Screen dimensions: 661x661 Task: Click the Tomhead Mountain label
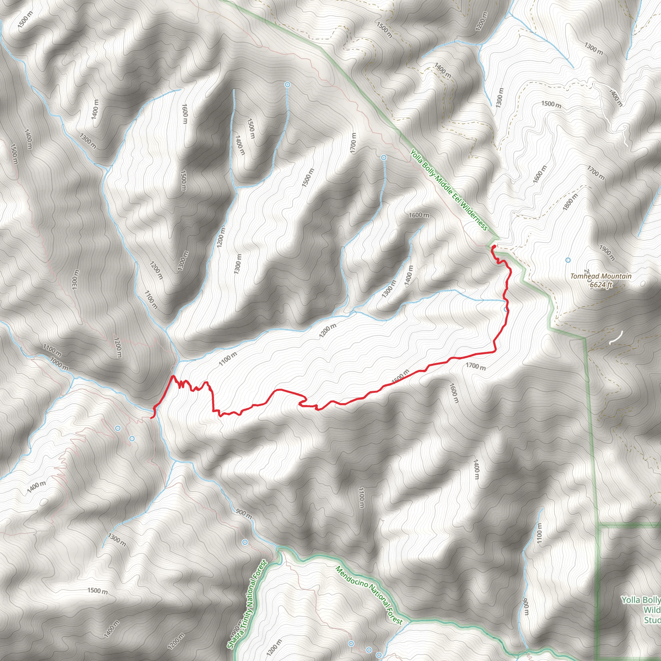click(x=601, y=276)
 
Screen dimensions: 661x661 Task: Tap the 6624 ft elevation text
click(x=601, y=285)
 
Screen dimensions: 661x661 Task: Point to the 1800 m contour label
click(x=570, y=202)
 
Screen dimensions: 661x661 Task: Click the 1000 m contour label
click(x=59, y=363)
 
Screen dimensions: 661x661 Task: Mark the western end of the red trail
click(x=152, y=417)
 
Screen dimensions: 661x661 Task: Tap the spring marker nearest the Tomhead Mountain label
click(x=568, y=260)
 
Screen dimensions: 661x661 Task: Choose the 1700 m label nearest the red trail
click(x=475, y=366)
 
